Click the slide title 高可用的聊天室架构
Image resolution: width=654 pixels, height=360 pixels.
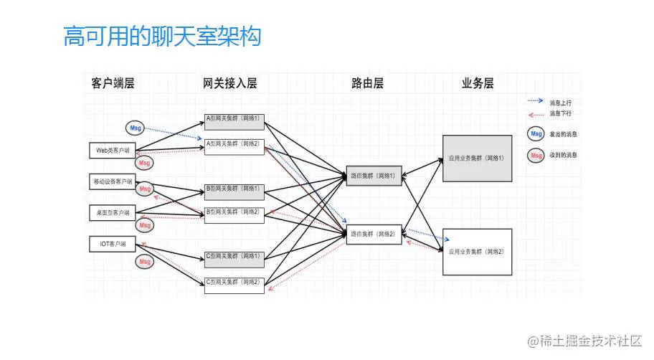click(162, 37)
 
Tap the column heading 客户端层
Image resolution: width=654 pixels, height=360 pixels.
click(113, 83)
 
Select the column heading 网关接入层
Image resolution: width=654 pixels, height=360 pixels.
click(229, 83)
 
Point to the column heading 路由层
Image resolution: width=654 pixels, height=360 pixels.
click(367, 83)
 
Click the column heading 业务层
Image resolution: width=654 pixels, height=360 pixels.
click(478, 83)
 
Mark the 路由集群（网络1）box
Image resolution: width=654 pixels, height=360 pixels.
click(374, 174)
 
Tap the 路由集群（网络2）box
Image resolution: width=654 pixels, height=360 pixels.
click(374, 234)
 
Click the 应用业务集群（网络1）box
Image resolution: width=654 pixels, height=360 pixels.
click(477, 158)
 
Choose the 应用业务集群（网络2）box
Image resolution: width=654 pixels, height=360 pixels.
click(477, 252)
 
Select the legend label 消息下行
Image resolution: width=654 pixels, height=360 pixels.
click(561, 113)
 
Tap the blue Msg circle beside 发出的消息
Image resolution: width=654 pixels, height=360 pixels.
click(535, 133)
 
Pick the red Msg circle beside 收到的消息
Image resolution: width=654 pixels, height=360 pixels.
click(535, 154)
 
